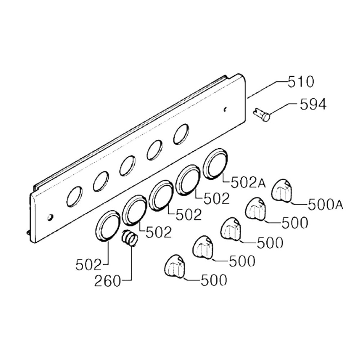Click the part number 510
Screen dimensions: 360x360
(x=301, y=82)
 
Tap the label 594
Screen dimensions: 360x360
(x=313, y=104)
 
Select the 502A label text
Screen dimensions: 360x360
(x=248, y=183)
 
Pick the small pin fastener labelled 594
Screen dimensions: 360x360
(x=262, y=114)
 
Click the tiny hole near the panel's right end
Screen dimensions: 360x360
(x=225, y=109)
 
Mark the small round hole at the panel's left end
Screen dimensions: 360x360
(x=50, y=217)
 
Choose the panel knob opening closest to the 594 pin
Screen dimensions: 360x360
(x=181, y=134)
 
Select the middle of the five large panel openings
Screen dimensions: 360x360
(x=127, y=166)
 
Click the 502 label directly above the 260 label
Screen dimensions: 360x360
(x=89, y=265)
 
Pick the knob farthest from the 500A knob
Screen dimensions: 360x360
(x=175, y=266)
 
